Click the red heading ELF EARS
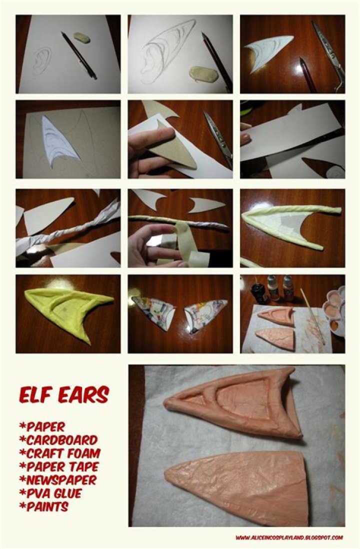(x=63, y=394)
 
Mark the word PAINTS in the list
(x=45, y=506)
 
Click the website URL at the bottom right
(x=289, y=537)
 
